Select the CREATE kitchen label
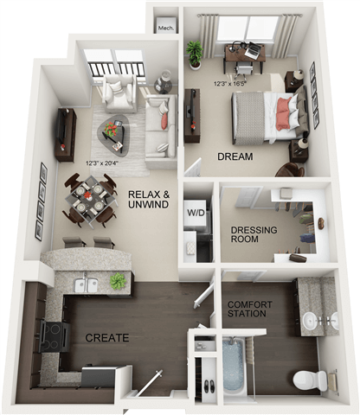[x=106, y=336]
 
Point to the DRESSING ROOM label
[x=253, y=235]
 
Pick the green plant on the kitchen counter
[x=117, y=281]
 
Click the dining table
[x=89, y=195]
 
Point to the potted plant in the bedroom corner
[x=195, y=54]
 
